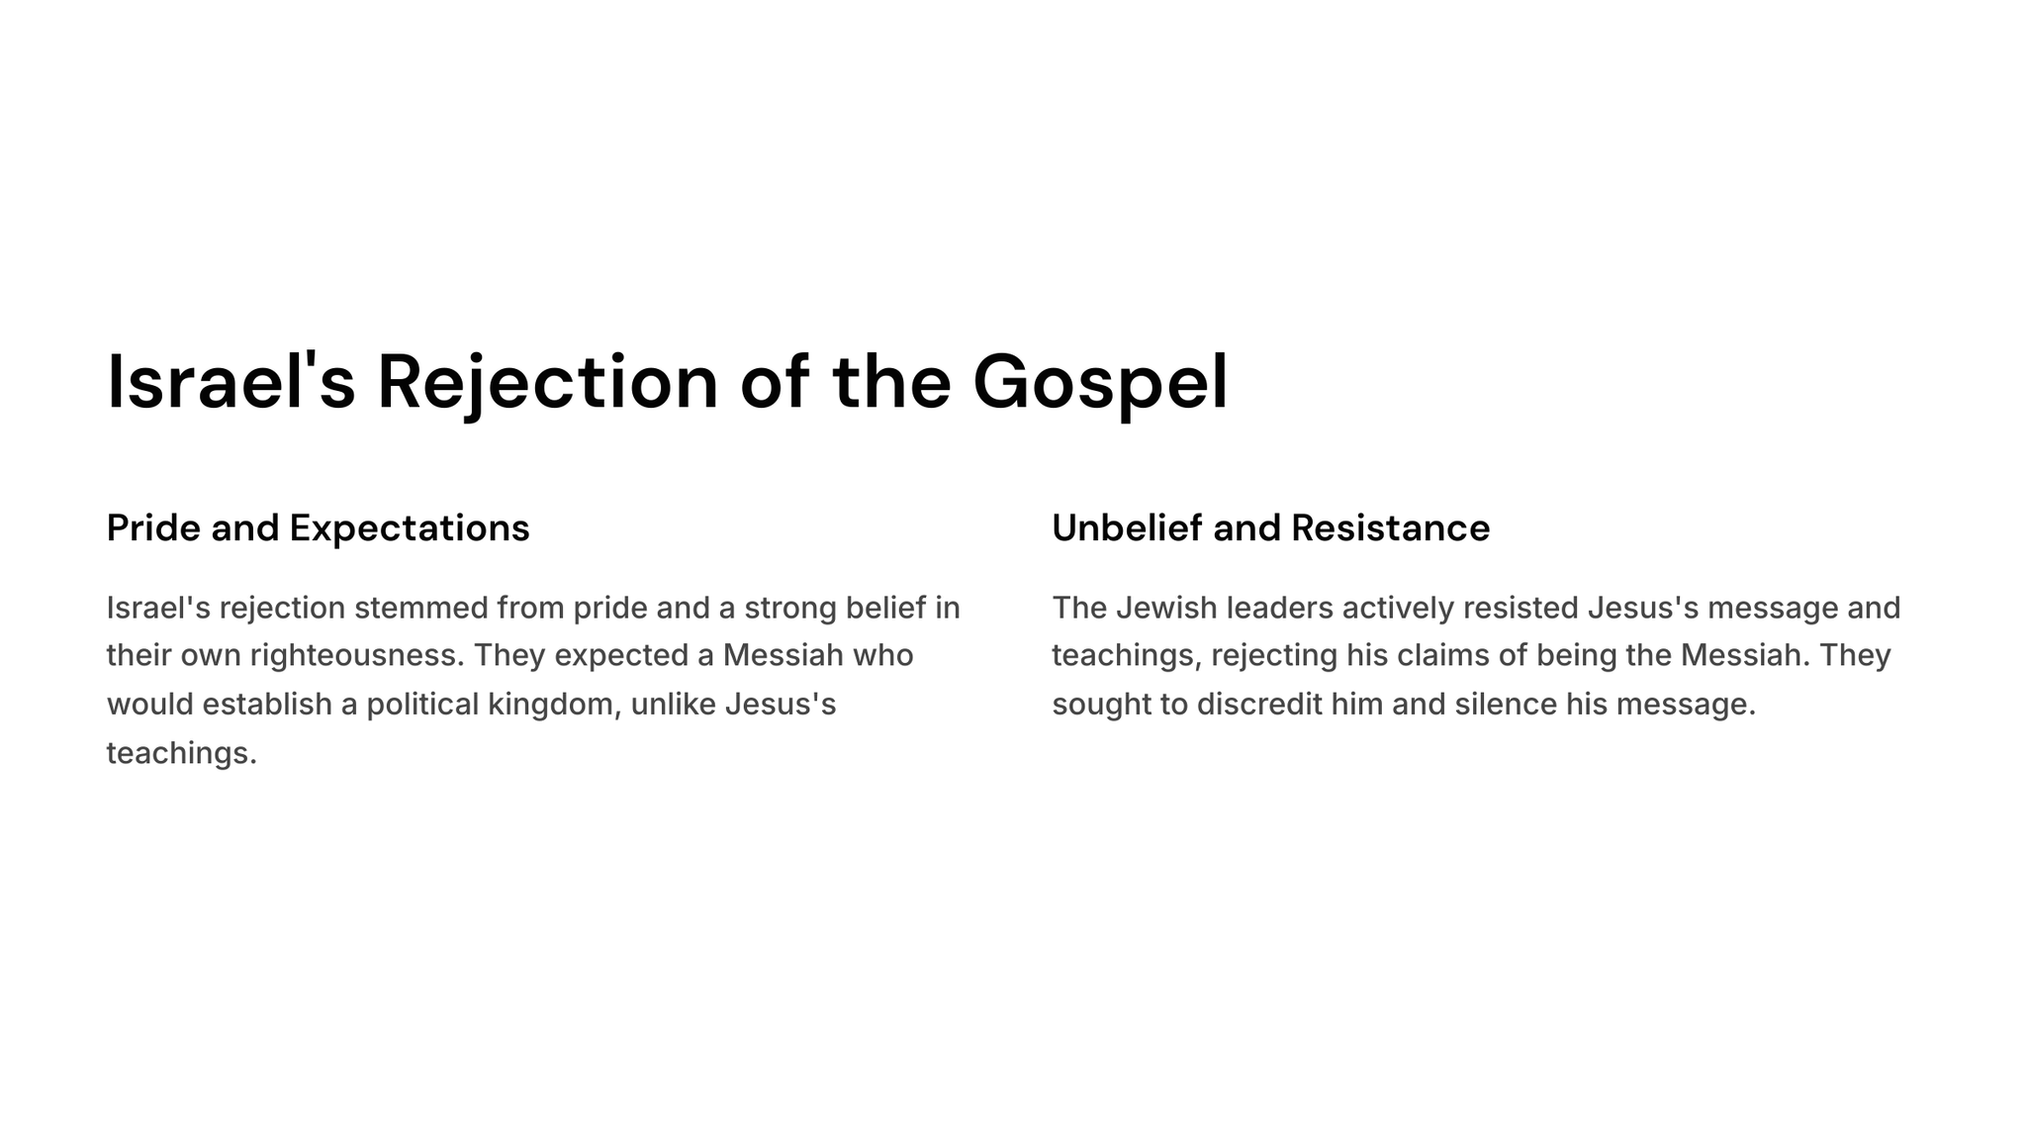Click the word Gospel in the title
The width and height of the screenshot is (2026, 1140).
click(x=1100, y=384)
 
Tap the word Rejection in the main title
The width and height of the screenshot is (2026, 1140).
click(x=547, y=384)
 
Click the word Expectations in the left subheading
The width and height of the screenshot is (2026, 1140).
click(x=410, y=529)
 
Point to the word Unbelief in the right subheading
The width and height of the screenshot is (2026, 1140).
click(x=1128, y=527)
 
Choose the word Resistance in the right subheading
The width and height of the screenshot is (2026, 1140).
click(x=1390, y=527)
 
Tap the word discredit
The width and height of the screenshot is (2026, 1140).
click(x=1258, y=705)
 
